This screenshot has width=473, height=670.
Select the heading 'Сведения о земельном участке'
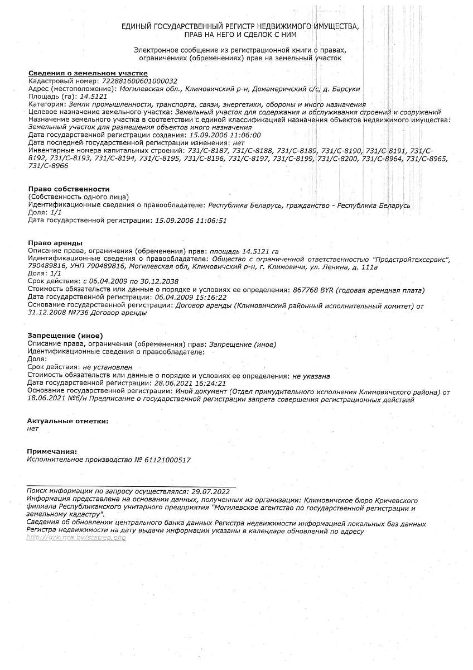(88, 73)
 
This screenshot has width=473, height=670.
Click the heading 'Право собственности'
(69, 189)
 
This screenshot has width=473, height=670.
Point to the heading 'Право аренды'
(55, 243)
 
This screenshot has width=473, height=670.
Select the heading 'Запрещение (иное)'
(65, 336)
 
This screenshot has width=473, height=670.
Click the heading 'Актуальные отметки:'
(67, 420)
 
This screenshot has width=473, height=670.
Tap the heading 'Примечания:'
(52, 451)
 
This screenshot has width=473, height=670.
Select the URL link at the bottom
(76, 537)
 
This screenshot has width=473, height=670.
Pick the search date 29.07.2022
(210, 491)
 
